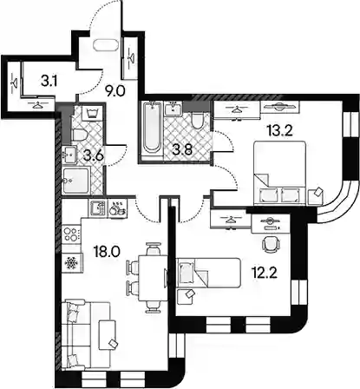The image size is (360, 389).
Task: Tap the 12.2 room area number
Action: click(x=264, y=273)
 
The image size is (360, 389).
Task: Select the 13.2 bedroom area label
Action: click(x=280, y=130)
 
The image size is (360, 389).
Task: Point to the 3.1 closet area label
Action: click(x=49, y=82)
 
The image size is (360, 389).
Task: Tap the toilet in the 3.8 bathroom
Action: click(x=198, y=121)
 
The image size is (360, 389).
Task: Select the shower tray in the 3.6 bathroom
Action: click(x=76, y=181)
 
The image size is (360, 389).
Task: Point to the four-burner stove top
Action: click(x=72, y=234)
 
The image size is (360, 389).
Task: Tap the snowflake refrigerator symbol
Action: click(x=71, y=263)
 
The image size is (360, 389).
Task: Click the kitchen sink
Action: click(x=97, y=208)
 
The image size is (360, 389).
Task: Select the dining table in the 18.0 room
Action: click(x=153, y=278)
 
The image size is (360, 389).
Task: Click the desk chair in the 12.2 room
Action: click(x=272, y=243)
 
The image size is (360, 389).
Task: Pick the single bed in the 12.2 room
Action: click(x=208, y=273)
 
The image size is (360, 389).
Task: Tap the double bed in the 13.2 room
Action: click(x=279, y=173)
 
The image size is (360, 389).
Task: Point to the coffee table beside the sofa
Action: click(x=107, y=334)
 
